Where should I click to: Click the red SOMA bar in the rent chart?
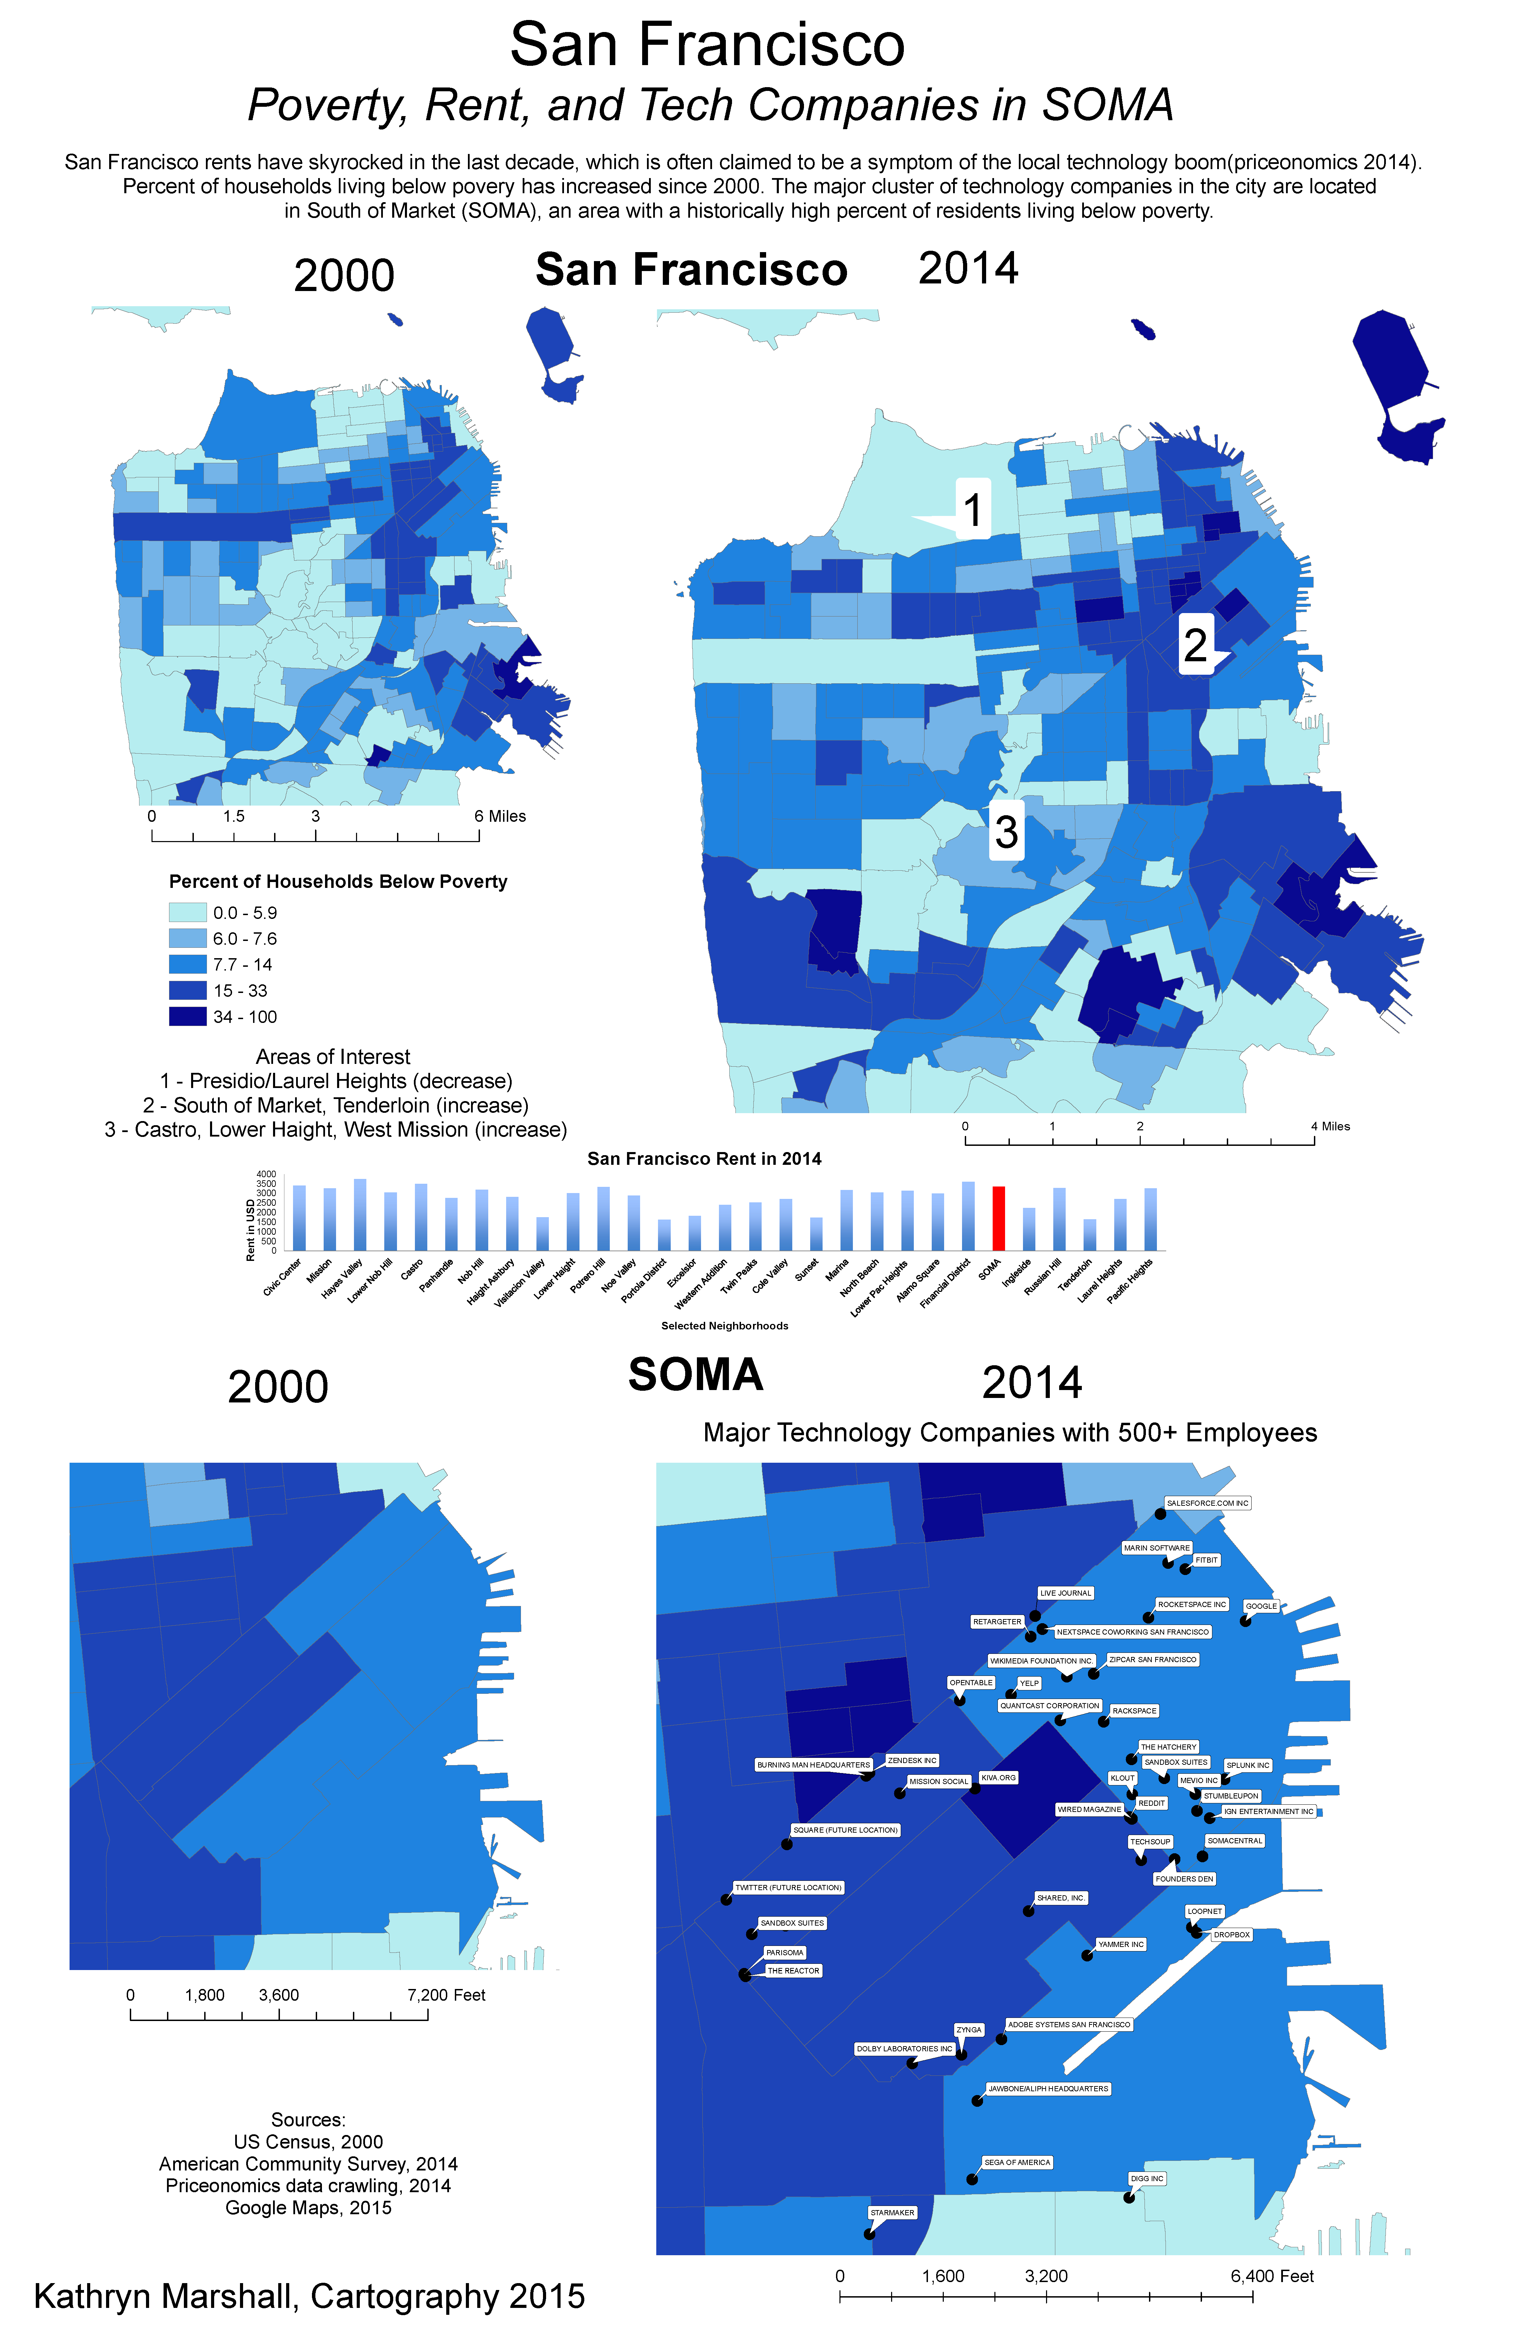pos(999,1218)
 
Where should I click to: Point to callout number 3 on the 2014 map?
pos(1005,831)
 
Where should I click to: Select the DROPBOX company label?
pos(1231,1935)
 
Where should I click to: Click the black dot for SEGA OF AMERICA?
pos(972,2179)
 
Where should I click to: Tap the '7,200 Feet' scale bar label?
pos(447,1994)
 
